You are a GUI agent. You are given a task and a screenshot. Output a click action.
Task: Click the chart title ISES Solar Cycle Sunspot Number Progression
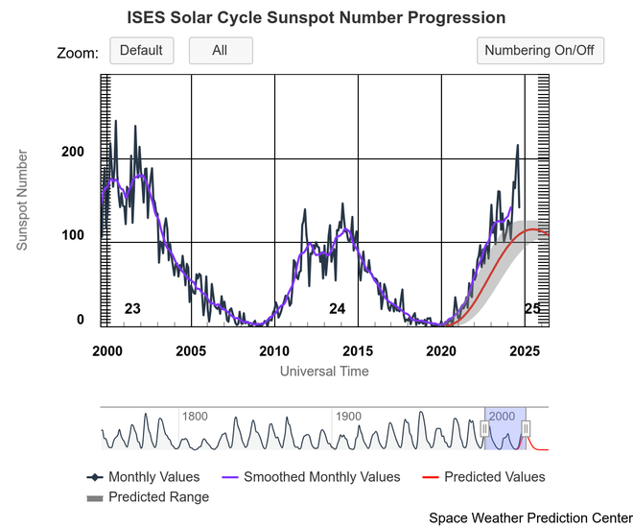click(316, 18)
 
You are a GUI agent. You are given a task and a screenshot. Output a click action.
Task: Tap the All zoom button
click(220, 51)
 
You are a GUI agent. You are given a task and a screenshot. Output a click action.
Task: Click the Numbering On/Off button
click(540, 51)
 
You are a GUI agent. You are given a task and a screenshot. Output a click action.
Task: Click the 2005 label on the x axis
click(191, 351)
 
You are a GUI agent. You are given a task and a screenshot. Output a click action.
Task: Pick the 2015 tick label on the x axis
click(358, 351)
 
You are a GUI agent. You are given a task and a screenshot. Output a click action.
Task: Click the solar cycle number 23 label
click(133, 309)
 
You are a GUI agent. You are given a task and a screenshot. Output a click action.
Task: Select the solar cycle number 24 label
click(338, 309)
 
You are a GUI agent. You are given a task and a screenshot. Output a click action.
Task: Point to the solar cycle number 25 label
click(532, 309)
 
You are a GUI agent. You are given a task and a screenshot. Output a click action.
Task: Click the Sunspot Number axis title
click(22, 200)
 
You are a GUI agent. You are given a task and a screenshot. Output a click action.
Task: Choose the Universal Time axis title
click(324, 371)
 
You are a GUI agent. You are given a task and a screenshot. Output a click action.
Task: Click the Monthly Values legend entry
click(153, 477)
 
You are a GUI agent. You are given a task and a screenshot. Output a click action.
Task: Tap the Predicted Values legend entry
click(494, 477)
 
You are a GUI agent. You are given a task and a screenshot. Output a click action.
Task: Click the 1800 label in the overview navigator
click(195, 417)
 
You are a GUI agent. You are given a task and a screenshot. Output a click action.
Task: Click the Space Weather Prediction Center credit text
click(530, 517)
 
